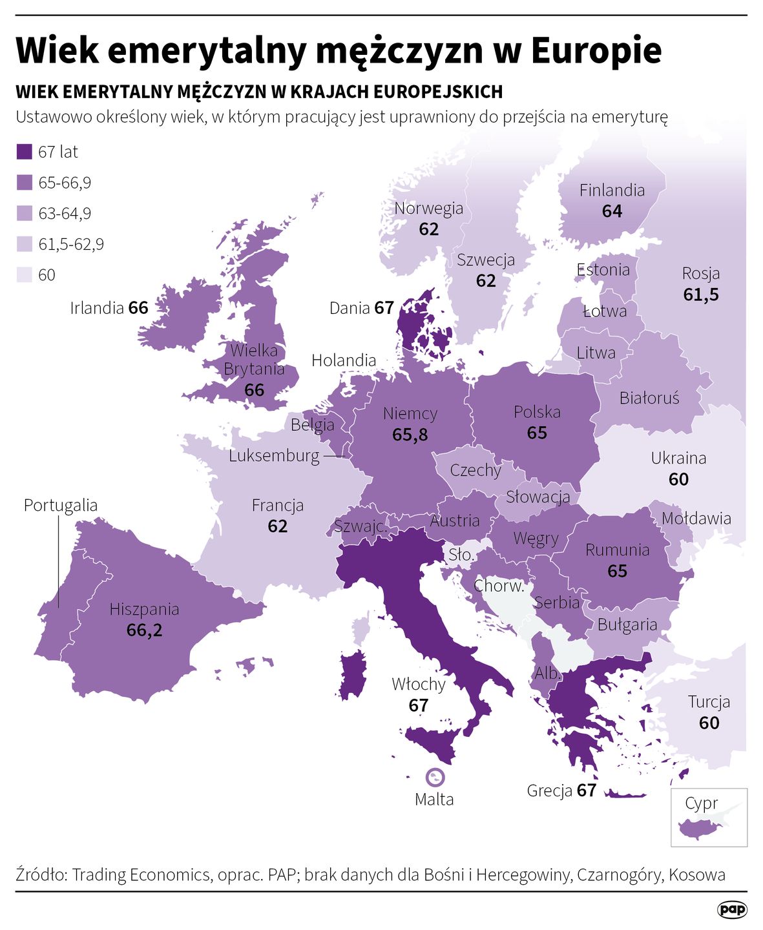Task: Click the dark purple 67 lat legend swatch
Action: coord(24,152)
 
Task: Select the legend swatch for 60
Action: coord(24,275)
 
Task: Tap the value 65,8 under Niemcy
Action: coord(410,435)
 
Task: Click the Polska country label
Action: coord(537,412)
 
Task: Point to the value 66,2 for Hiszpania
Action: coord(144,630)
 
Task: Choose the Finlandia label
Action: coord(612,191)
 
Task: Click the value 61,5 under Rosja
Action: coord(701,294)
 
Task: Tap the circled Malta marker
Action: coord(434,777)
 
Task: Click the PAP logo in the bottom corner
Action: coord(732,909)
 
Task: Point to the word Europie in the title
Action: coord(596,50)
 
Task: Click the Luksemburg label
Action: coord(274,456)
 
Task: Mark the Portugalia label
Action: coord(61,505)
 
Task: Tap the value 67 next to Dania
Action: coord(384,308)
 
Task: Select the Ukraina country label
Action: coord(678,459)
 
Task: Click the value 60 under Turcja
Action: coord(709,723)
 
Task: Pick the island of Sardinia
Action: coord(353,676)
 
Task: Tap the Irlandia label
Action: coord(97,308)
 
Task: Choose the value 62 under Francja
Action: coord(277,526)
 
